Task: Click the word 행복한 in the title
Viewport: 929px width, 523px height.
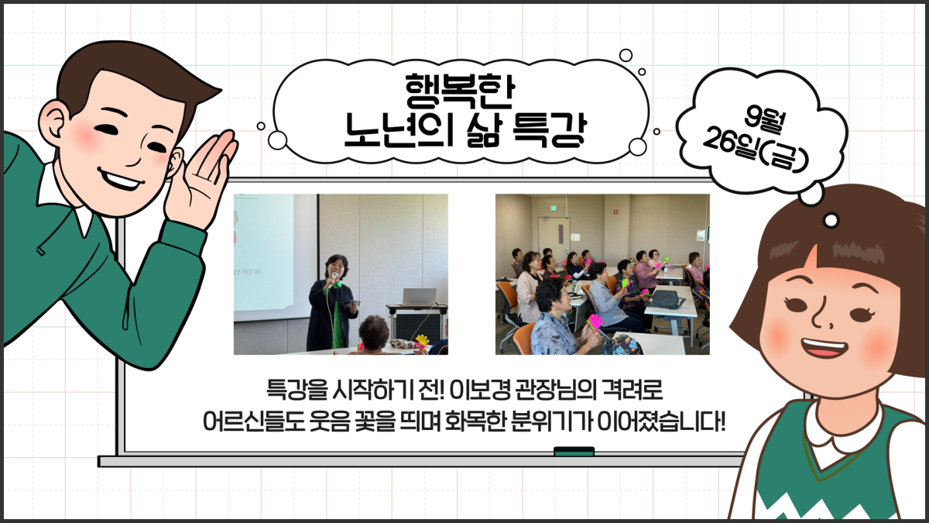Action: tap(460, 91)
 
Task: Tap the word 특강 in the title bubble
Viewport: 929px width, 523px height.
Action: tap(550, 130)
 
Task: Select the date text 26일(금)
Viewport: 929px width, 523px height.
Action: tap(756, 150)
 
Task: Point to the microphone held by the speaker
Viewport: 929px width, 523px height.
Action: tap(334, 277)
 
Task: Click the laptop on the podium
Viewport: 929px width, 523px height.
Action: tap(419, 297)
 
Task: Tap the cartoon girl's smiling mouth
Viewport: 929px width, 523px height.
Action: tap(823, 347)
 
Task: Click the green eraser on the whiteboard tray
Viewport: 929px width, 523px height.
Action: tap(574, 451)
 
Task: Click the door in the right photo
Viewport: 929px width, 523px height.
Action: tap(554, 244)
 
